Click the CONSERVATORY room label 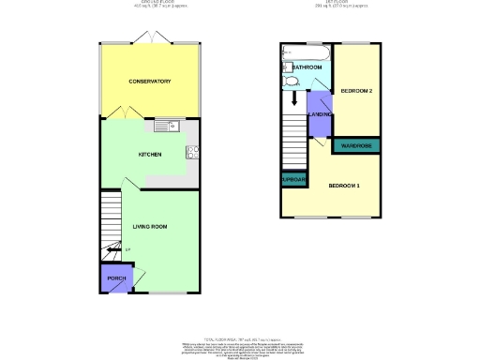[150, 82]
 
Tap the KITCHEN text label [150, 154]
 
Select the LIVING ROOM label [150, 226]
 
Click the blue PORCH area [116, 278]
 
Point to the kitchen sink [165, 126]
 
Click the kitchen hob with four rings [193, 153]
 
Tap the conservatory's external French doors [150, 38]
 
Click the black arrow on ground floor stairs [115, 250]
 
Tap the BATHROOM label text [307, 68]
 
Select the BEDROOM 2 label [357, 91]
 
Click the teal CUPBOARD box [291, 180]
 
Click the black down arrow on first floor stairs [296, 97]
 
